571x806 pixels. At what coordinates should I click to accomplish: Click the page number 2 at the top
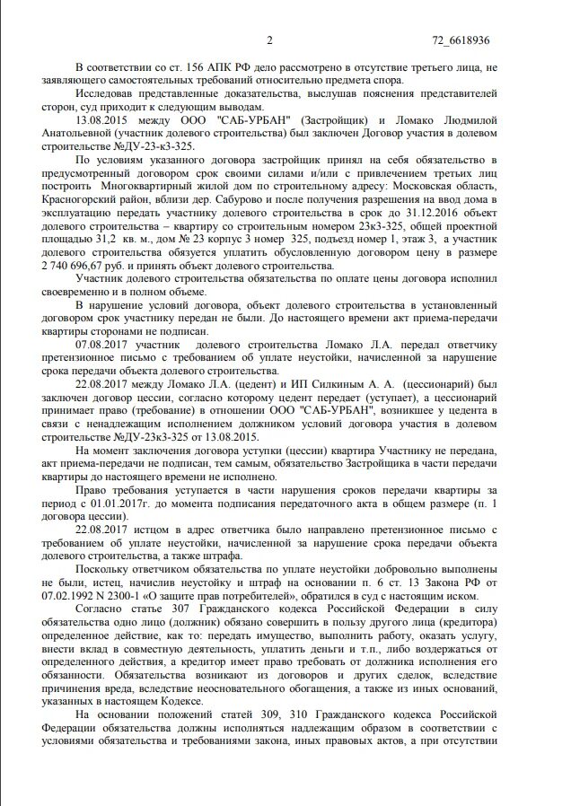269,40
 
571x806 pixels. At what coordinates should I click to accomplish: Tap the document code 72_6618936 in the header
461,40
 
